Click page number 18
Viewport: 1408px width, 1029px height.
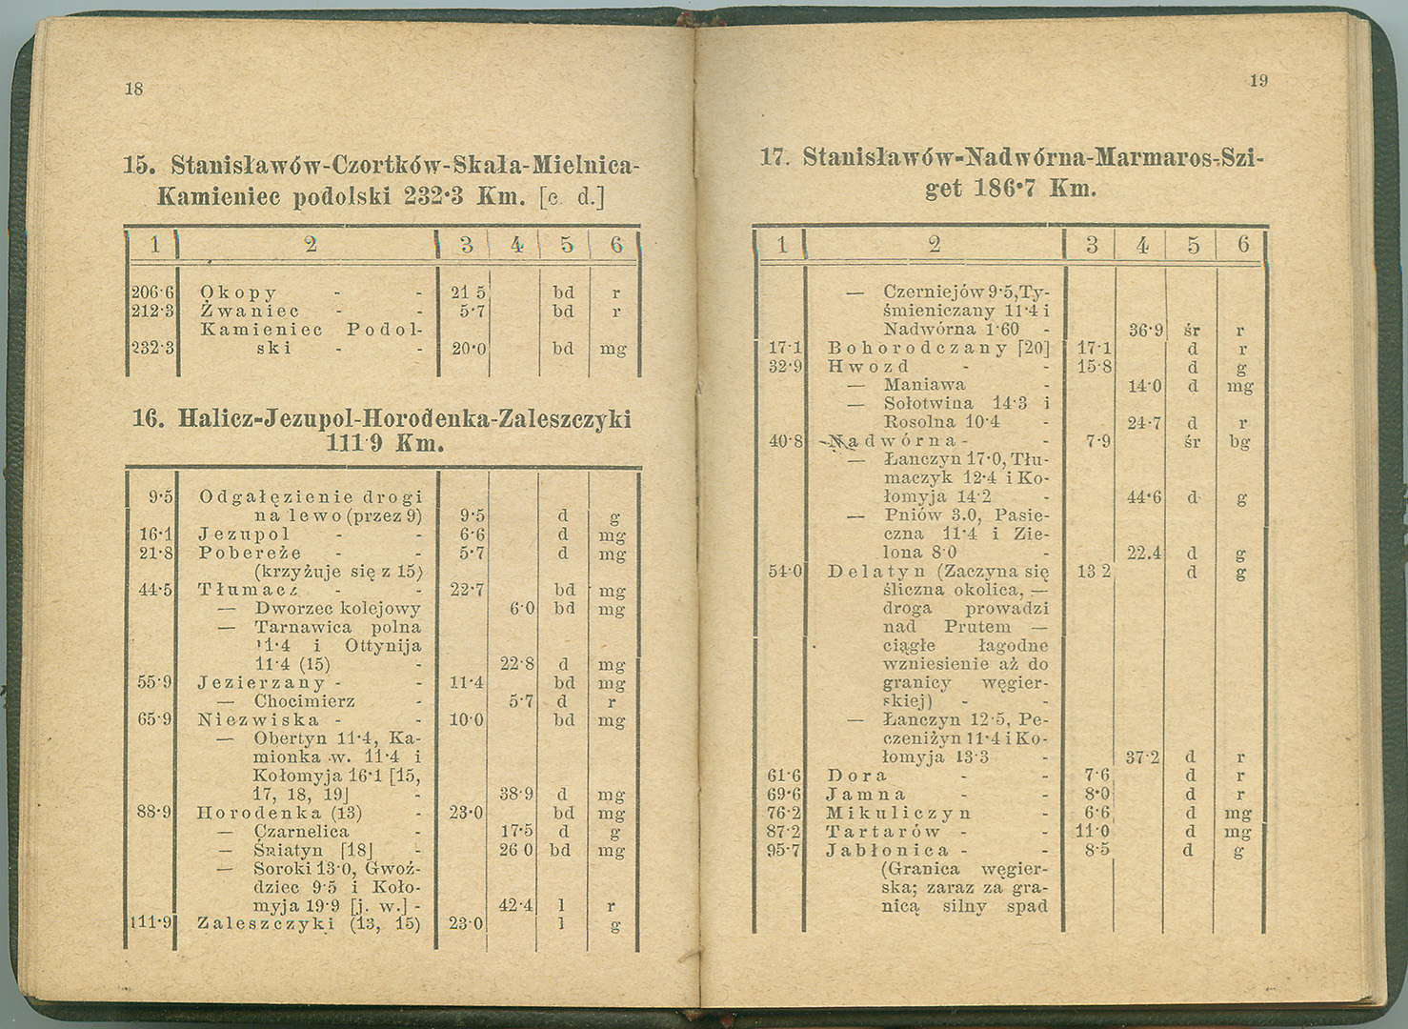tap(133, 89)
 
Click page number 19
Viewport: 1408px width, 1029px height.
tap(1258, 81)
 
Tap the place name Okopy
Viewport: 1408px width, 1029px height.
tap(238, 293)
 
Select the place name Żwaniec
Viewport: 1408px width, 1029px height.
tap(250, 312)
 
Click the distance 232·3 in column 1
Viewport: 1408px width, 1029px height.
tap(151, 349)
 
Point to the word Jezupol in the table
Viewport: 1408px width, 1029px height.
tap(244, 535)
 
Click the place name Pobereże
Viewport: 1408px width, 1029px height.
tap(250, 554)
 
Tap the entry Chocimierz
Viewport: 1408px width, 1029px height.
tap(304, 702)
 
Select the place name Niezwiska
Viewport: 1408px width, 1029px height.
tap(257, 720)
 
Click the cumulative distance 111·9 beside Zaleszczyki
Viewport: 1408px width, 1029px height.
tap(151, 922)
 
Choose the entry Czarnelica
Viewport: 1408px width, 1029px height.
tap(301, 832)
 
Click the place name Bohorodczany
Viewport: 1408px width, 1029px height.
tap(916, 349)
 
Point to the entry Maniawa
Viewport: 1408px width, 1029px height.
tap(924, 386)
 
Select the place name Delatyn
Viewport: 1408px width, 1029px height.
tap(875, 572)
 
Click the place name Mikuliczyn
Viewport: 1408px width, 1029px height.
tap(897, 814)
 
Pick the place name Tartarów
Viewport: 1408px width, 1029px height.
tap(882, 832)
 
